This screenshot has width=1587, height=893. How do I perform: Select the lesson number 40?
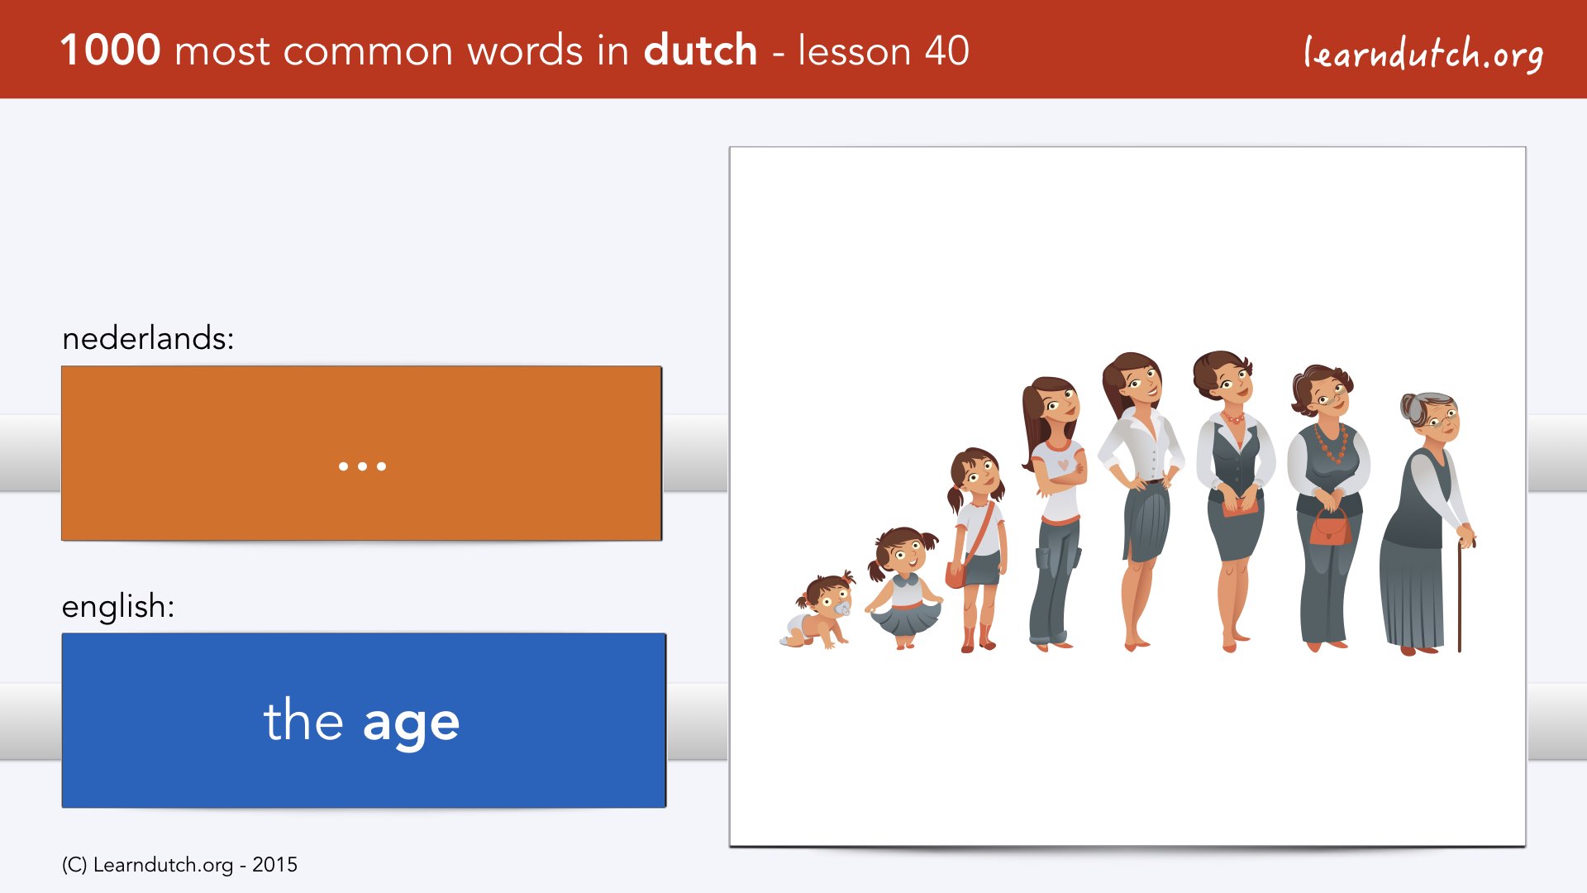(x=946, y=50)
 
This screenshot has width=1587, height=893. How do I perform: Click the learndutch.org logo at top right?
(x=1423, y=54)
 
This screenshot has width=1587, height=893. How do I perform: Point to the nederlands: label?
(x=148, y=338)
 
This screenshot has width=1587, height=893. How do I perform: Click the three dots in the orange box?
(x=362, y=466)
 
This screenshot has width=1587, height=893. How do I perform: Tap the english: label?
(x=118, y=606)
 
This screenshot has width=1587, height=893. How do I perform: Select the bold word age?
(x=411, y=723)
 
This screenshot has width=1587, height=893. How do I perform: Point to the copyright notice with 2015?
(x=179, y=865)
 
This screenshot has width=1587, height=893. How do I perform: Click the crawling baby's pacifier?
(x=842, y=609)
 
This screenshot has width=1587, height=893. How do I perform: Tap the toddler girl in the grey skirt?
(x=903, y=588)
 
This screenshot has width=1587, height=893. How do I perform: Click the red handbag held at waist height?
(x=1329, y=528)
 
